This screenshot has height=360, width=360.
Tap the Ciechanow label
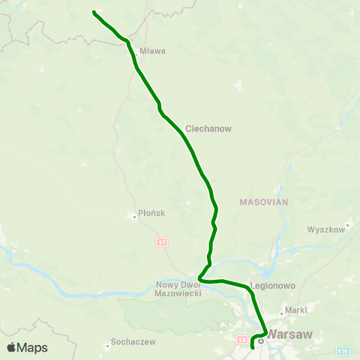point(208,128)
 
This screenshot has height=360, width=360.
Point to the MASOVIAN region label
point(263,202)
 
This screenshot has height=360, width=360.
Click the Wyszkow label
point(325,229)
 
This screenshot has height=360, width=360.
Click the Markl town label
point(296,309)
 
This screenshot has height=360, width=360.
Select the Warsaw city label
point(289,334)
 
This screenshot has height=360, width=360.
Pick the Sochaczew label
point(133,342)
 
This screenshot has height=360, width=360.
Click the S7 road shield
point(163,242)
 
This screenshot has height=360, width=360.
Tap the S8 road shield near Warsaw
point(241,340)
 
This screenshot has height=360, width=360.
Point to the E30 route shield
point(343,350)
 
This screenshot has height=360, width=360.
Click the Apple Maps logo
point(27,347)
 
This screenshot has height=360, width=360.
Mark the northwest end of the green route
point(94,12)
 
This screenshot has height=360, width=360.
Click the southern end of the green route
point(252,348)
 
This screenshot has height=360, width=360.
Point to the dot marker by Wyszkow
point(348,223)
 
